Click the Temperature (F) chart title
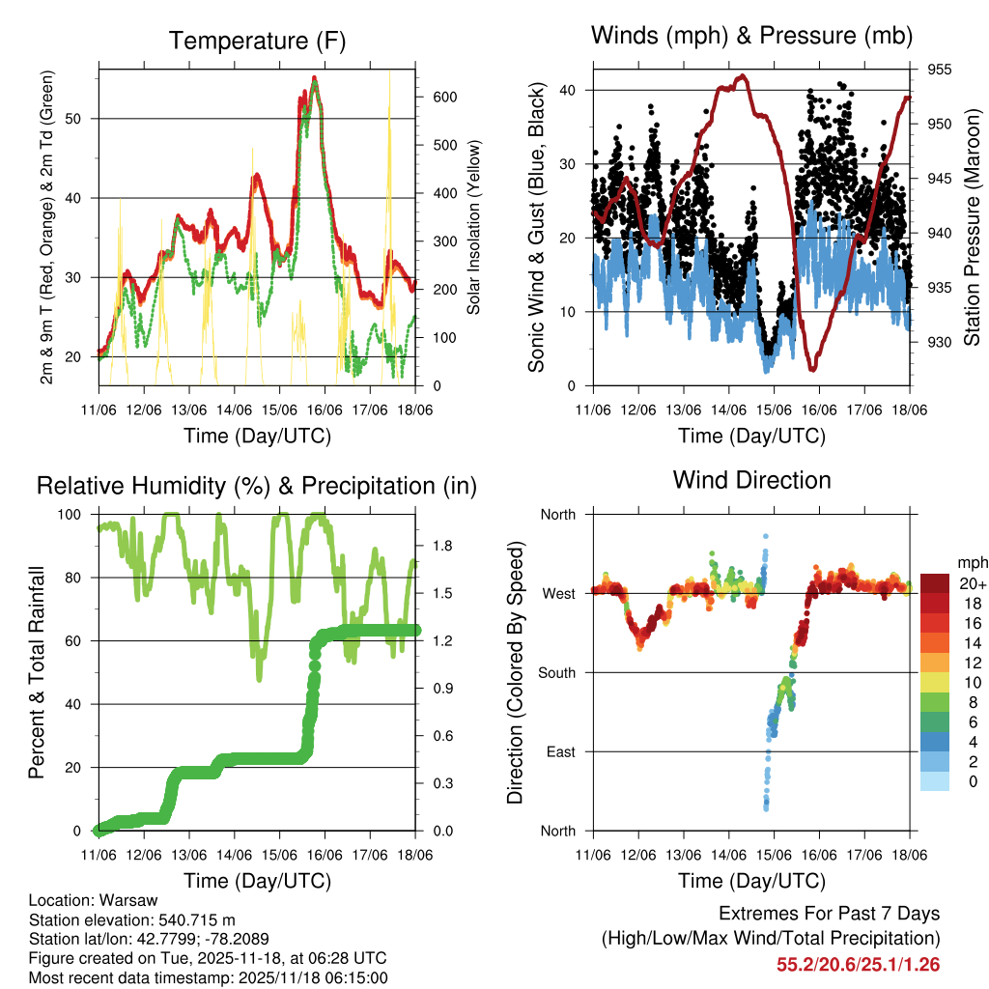(256, 41)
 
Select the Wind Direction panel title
(751, 479)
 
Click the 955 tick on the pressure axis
(941, 70)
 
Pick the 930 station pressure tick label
(941, 342)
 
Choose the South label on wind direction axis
(557, 672)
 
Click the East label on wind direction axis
(560, 751)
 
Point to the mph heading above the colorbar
(970, 562)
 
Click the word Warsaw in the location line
(122, 900)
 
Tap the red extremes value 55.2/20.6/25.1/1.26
(858, 964)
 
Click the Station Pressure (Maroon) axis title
(972, 228)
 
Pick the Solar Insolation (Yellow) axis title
(474, 228)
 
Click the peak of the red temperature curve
(315, 78)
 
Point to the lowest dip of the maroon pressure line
(813, 368)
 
